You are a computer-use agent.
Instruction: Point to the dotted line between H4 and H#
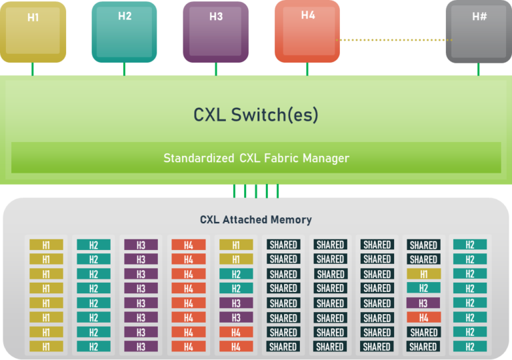pos(393,40)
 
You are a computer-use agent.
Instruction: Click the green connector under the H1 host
pos(33,69)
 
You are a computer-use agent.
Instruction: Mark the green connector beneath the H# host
pos(479,69)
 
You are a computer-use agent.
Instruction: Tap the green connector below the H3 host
pos(216,69)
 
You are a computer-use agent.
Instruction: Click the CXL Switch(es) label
pos(256,115)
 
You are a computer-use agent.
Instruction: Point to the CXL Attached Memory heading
pos(256,219)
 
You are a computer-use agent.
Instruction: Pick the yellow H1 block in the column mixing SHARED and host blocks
pos(423,274)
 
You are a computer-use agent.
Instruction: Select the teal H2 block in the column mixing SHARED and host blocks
pos(423,288)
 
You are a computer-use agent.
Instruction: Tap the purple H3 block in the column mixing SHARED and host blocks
pos(423,303)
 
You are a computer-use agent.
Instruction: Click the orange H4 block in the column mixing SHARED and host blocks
pos(423,317)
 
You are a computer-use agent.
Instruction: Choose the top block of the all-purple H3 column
pos(141,245)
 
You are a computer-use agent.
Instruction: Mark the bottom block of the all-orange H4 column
pos(188,347)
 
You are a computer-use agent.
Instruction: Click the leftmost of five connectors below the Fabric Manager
pos(234,191)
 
